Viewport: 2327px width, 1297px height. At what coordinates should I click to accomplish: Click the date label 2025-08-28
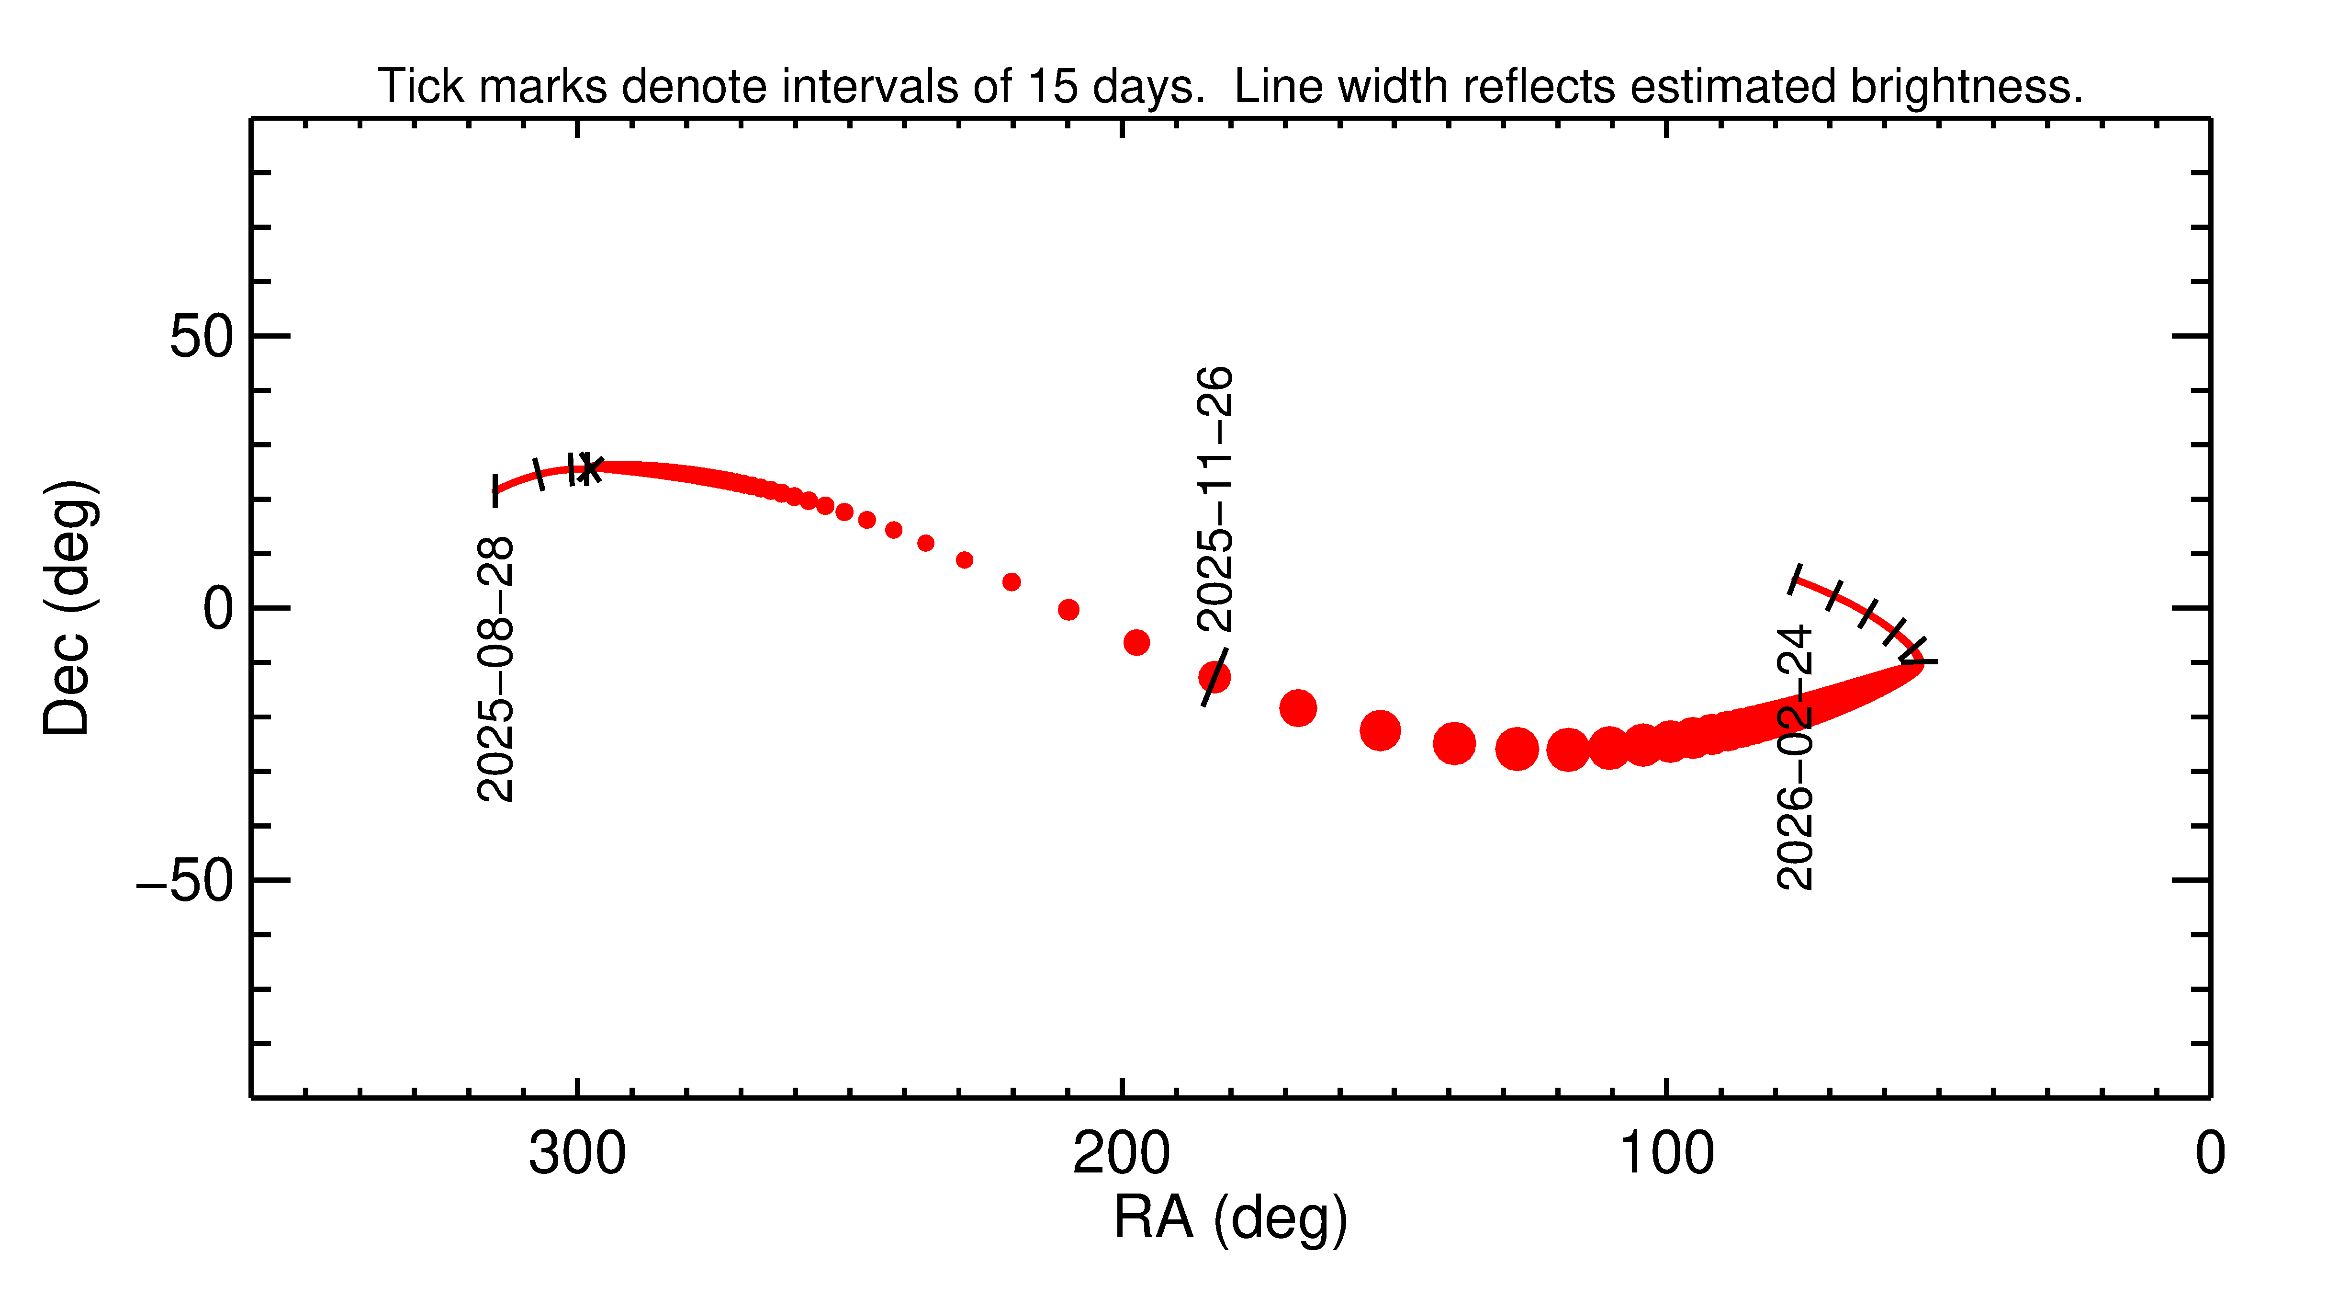[x=495, y=669]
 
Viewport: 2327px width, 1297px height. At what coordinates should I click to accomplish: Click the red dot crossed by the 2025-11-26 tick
[x=1214, y=677]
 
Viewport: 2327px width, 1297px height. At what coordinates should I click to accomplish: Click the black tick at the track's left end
[x=495, y=491]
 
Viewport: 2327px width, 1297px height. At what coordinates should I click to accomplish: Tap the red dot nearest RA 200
[x=1136, y=643]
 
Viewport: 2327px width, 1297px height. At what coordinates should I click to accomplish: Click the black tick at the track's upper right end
[x=1796, y=580]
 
